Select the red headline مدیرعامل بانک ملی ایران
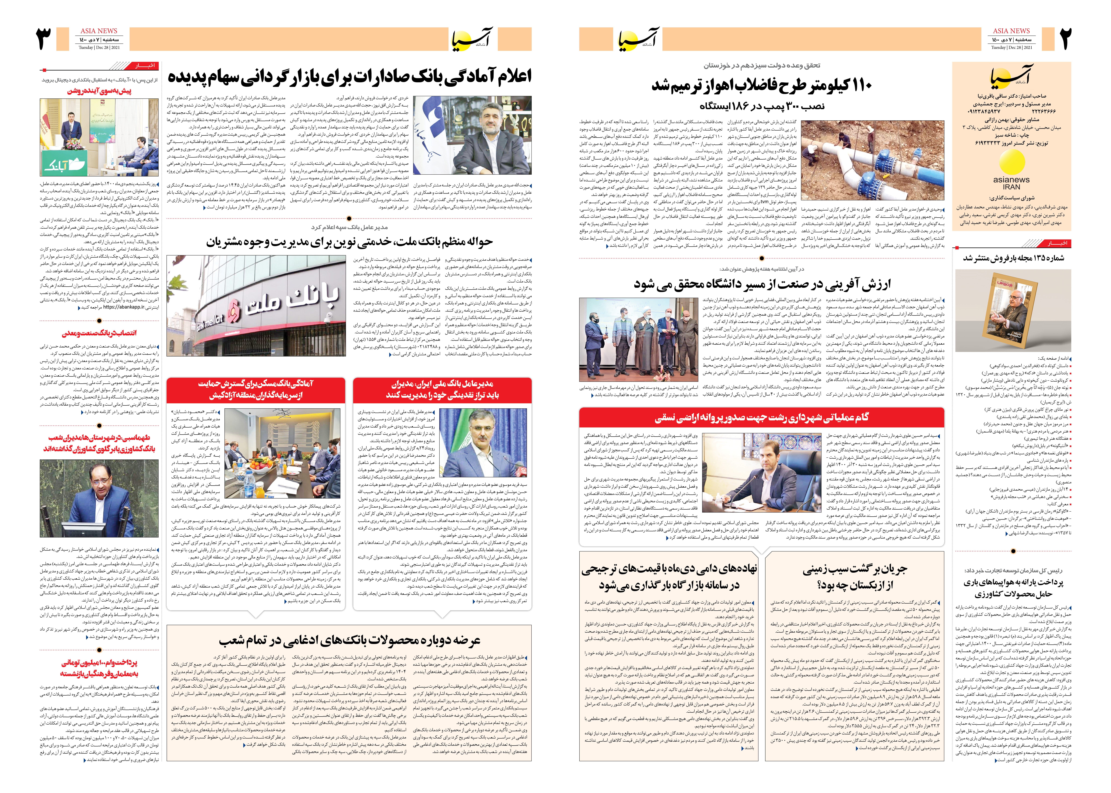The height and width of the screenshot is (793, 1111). pos(442,389)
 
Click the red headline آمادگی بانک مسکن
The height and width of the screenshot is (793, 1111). pos(256,389)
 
